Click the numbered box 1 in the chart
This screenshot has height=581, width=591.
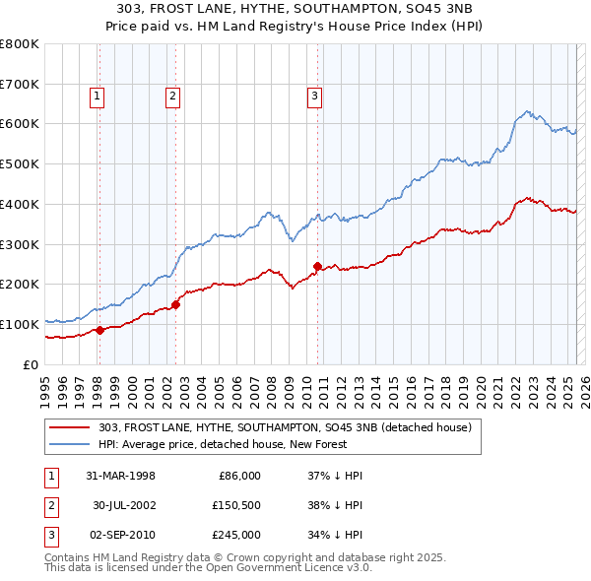(x=98, y=96)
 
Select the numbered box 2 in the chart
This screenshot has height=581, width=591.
(x=172, y=96)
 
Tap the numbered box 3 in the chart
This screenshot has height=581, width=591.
(x=314, y=96)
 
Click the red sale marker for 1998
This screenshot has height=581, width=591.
(x=99, y=330)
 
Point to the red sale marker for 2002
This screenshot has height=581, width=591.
(x=175, y=304)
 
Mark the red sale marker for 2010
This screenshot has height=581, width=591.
(x=317, y=266)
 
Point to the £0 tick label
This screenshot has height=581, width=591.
(x=31, y=364)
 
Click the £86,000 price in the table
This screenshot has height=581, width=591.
(x=237, y=476)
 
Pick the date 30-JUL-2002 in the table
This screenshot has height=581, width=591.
(x=124, y=505)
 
